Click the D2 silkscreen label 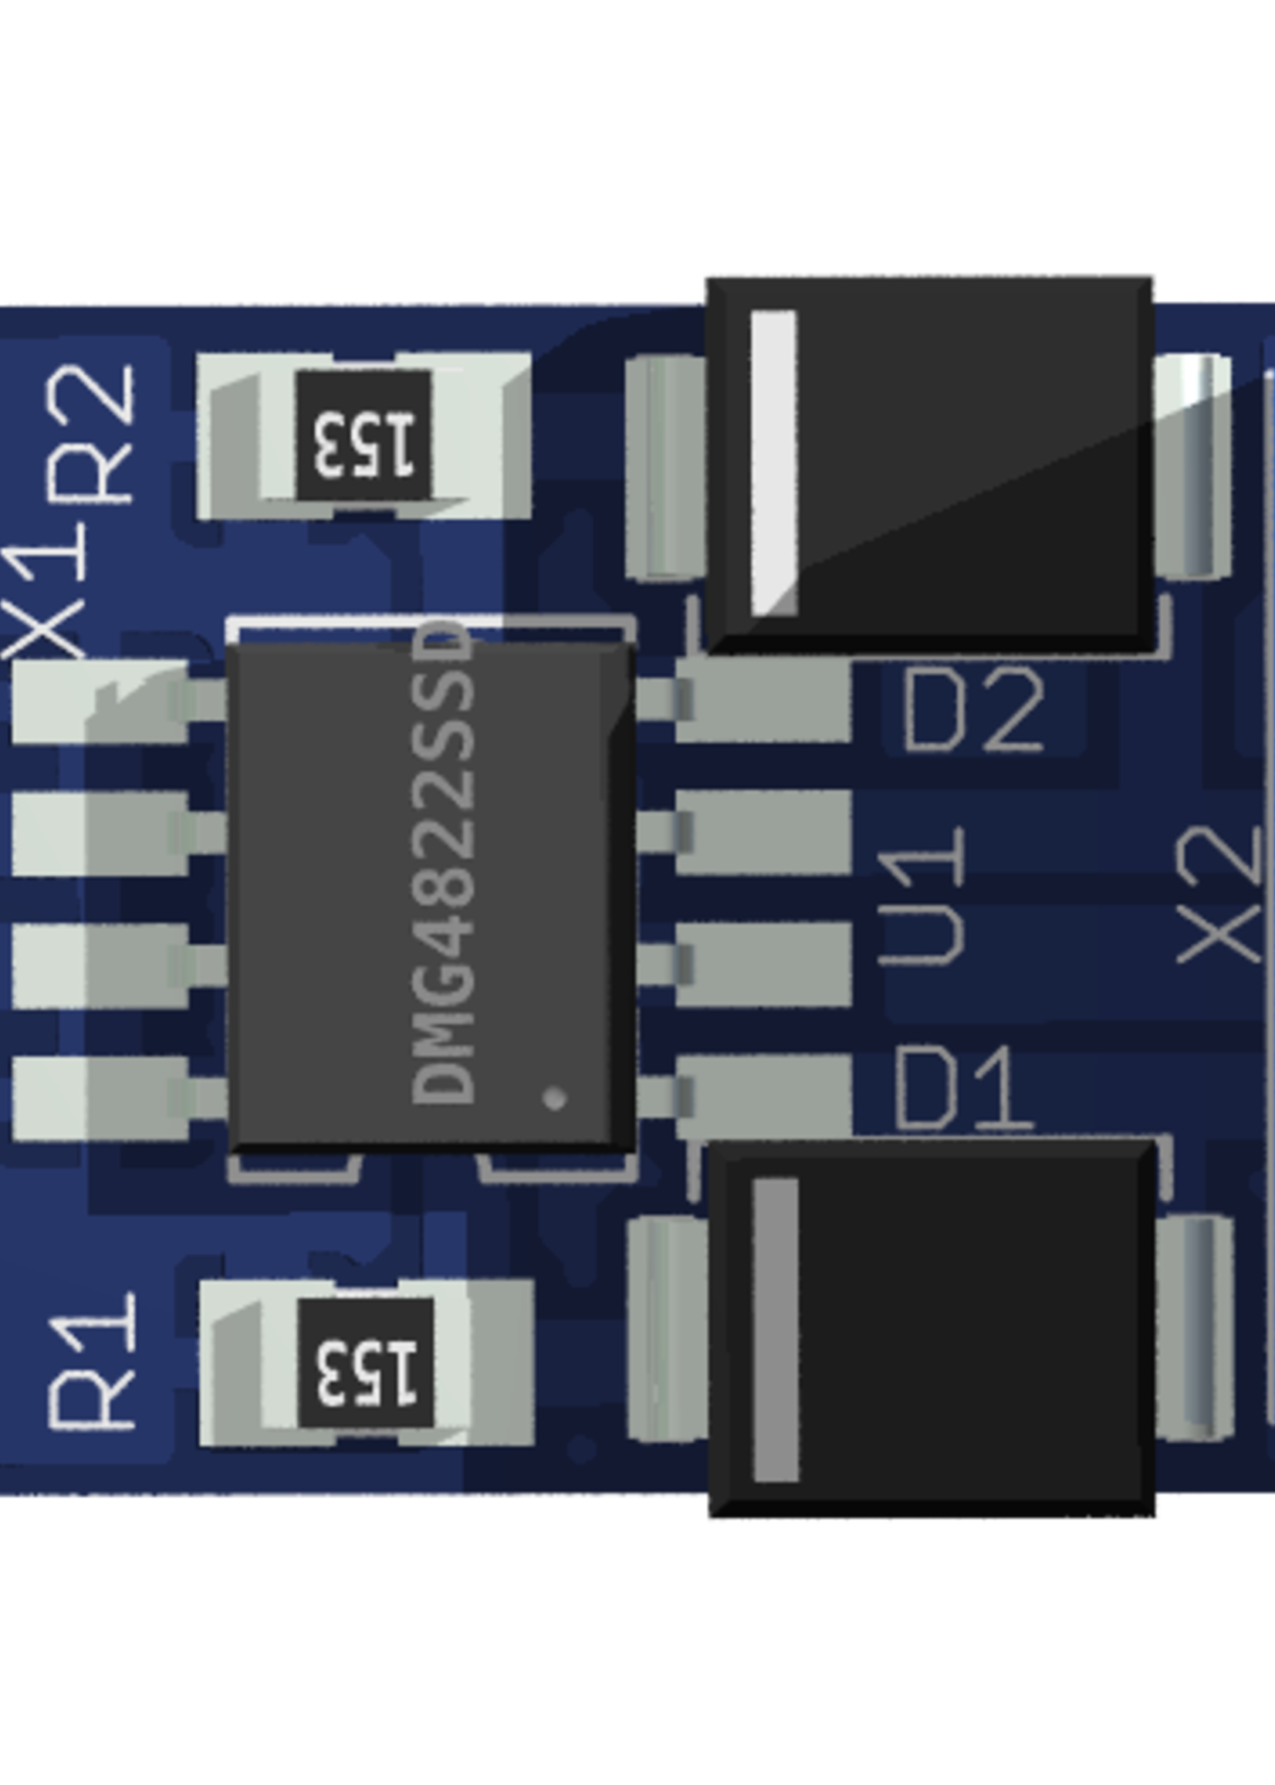[x=973, y=711]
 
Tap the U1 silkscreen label [x=922, y=895]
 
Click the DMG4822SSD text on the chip [x=444, y=864]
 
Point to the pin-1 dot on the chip [x=554, y=1097]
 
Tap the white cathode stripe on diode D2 [x=774, y=463]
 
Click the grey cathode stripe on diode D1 [x=775, y=1330]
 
